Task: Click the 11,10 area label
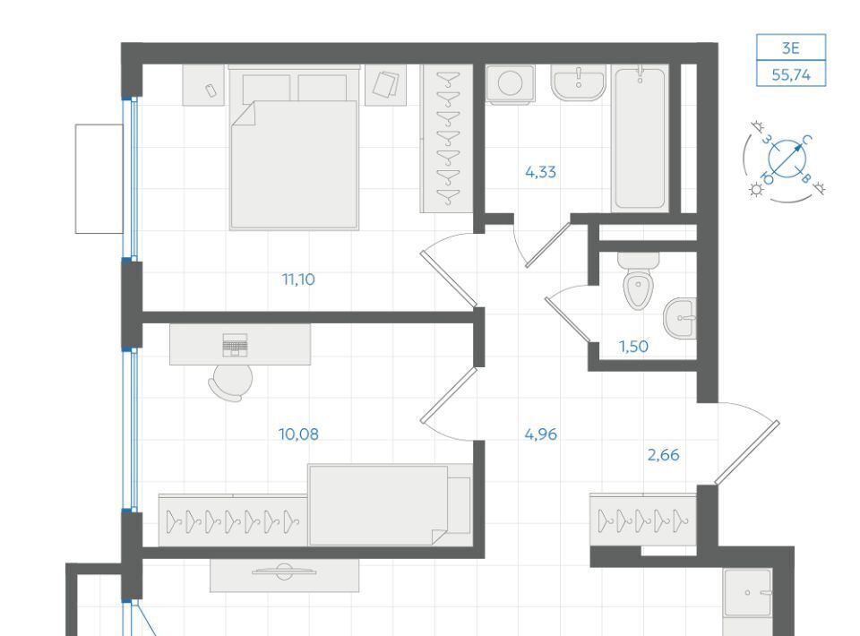[298, 279]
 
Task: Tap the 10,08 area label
[298, 434]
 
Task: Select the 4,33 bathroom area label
[540, 172]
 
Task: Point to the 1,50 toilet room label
[633, 347]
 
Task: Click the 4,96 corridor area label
[540, 434]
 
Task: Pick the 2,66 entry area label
[663, 455]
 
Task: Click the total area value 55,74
[791, 74]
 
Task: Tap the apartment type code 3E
[790, 48]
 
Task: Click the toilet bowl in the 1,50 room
[638, 280]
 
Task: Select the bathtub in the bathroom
[640, 139]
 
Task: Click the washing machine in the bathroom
[510, 84]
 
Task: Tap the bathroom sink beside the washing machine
[578, 83]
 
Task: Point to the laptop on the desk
[235, 345]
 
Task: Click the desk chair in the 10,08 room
[230, 382]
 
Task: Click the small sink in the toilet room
[680, 318]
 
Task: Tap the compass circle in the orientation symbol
[788, 159]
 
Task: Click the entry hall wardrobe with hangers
[643, 520]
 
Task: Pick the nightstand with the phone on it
[203, 85]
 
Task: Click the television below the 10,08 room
[284, 572]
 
